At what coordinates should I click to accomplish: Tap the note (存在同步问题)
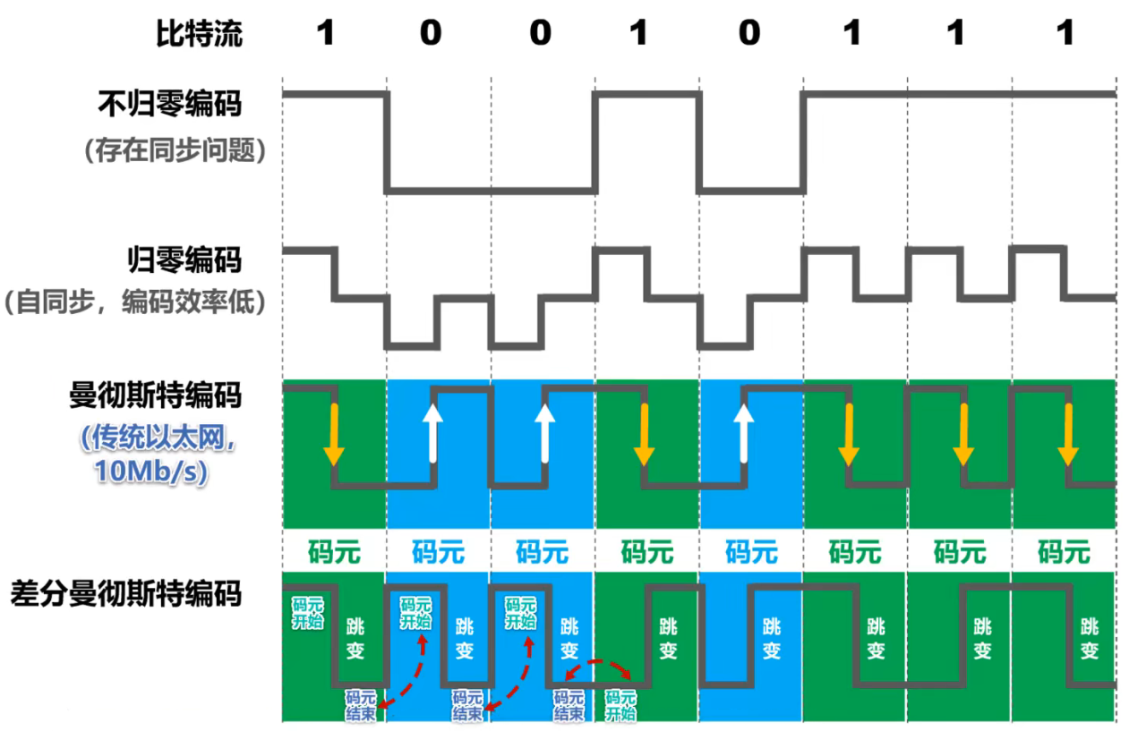[175, 151]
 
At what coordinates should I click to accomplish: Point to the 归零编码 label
[183, 260]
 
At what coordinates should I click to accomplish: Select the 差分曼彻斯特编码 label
[126, 592]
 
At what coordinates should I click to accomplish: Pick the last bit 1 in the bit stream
[1065, 34]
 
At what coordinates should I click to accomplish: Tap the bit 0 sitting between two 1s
[749, 34]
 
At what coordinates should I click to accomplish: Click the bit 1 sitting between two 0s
[637, 34]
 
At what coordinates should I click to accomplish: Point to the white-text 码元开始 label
[308, 613]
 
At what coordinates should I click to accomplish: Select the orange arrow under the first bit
[333, 434]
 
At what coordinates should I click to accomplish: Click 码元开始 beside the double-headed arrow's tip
[622, 704]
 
